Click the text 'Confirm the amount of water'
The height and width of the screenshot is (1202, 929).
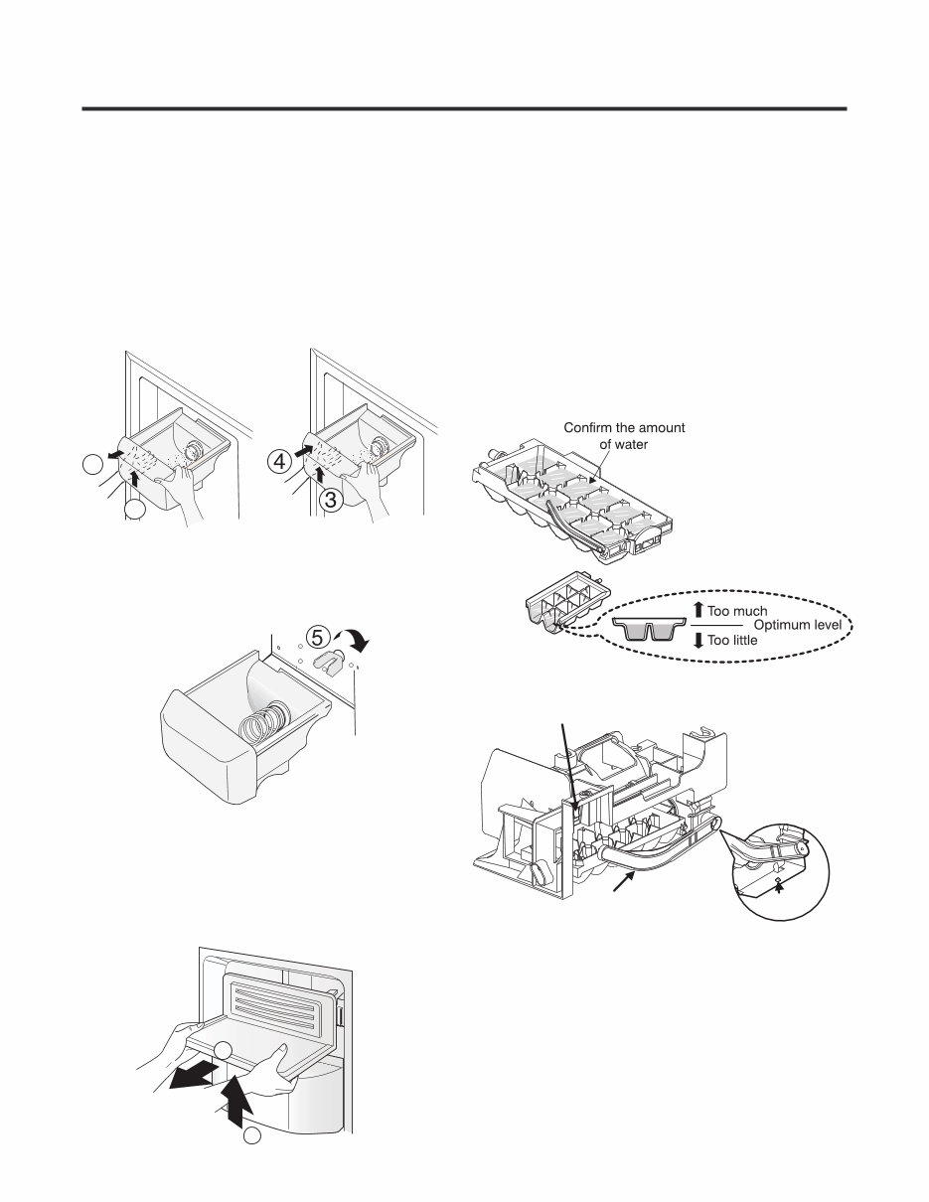pyautogui.click(x=624, y=436)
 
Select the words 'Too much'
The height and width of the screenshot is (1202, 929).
pyautogui.click(x=736, y=611)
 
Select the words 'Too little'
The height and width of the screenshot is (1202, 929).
pyautogui.click(x=734, y=642)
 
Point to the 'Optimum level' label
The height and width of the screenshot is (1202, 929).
pyautogui.click(x=797, y=626)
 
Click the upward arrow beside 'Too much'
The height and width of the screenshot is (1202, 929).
pyautogui.click(x=698, y=610)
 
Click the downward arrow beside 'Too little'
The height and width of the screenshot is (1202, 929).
pyautogui.click(x=698, y=641)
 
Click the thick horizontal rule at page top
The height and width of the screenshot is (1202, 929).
pyautogui.click(x=463, y=108)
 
